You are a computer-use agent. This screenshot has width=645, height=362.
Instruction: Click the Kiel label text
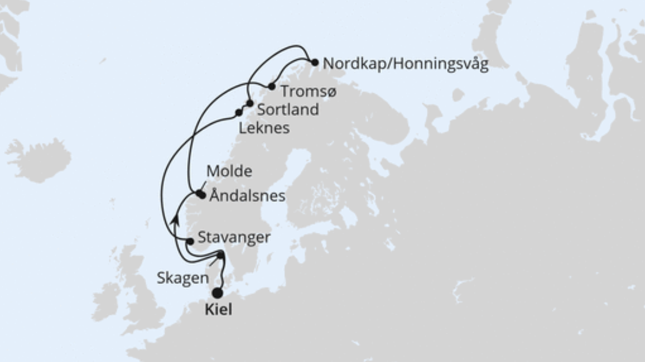pos(219,310)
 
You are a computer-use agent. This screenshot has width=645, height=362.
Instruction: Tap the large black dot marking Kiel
pos(217,293)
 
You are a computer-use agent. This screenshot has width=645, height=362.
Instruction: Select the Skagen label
pos(182,278)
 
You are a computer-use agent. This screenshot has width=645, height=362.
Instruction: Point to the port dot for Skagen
pos(221,255)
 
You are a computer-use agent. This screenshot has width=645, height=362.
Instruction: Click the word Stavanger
pos(234,237)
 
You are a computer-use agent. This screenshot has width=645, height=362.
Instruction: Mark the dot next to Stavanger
pos(190,241)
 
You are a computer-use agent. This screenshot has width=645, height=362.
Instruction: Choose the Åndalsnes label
pos(247,196)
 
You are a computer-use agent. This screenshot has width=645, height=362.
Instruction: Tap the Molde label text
pos(229,171)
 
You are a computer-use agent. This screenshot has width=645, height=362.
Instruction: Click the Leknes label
pos(264,128)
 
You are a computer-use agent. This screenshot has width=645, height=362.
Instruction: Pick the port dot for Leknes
pos(239,113)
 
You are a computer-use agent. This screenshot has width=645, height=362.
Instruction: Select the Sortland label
pos(288,110)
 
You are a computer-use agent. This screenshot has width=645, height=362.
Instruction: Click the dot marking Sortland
pos(250,103)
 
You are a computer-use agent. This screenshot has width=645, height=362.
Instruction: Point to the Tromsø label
pos(308,91)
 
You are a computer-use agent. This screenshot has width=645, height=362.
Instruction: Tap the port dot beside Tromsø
pos(272,87)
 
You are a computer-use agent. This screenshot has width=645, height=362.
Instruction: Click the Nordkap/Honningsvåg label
pos(406,64)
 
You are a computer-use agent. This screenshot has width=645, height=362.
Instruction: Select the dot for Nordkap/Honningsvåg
pos(315,62)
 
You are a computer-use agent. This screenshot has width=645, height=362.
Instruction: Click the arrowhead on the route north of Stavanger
pos(174,219)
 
